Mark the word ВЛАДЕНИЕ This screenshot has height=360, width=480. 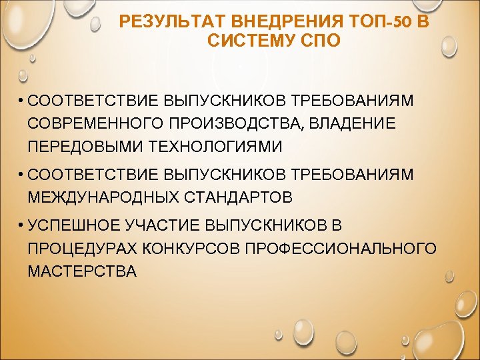tap(353, 123)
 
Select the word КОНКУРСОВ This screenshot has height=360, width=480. tap(193, 249)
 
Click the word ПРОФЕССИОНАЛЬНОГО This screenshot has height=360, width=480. tap(341, 249)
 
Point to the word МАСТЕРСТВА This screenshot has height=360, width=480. tap(81, 271)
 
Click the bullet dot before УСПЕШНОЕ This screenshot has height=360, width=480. tap(22, 227)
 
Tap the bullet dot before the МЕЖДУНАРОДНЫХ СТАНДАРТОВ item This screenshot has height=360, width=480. tap(22, 175)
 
